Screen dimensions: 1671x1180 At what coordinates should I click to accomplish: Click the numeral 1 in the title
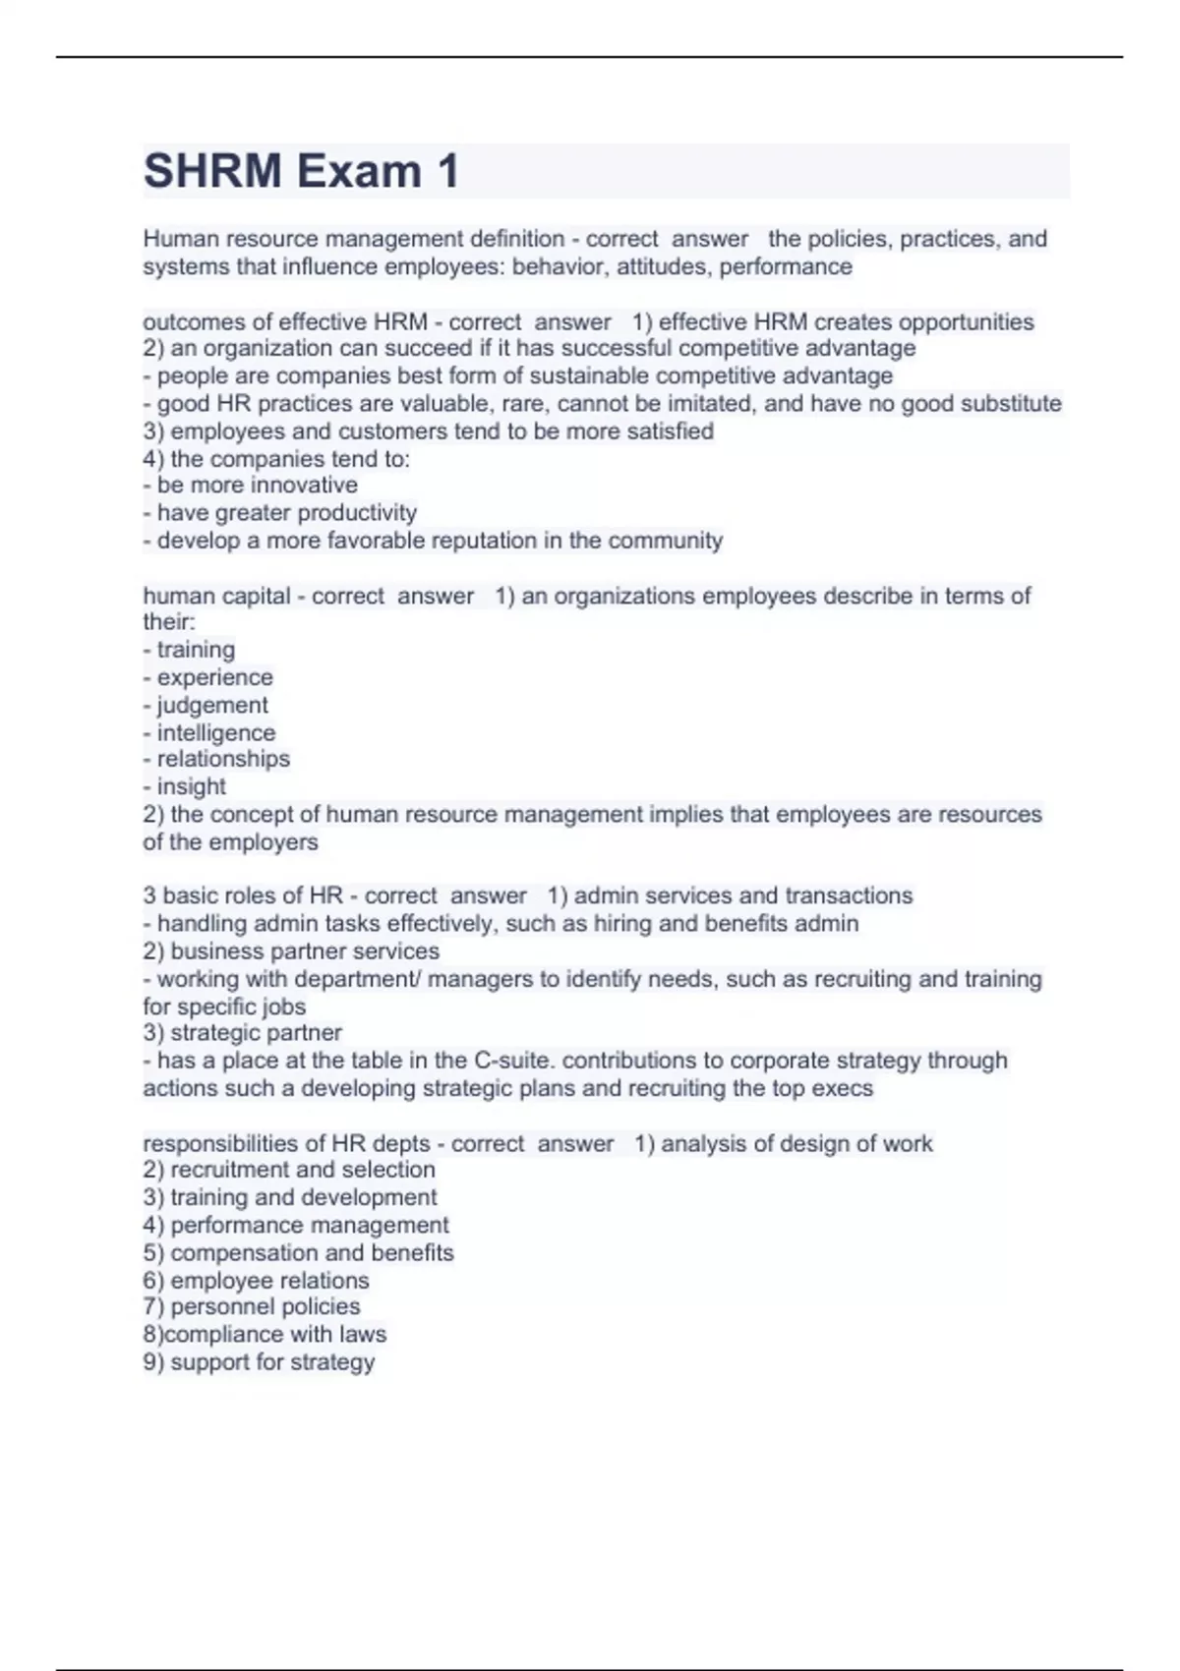point(447,172)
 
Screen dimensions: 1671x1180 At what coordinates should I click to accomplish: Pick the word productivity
point(357,513)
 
